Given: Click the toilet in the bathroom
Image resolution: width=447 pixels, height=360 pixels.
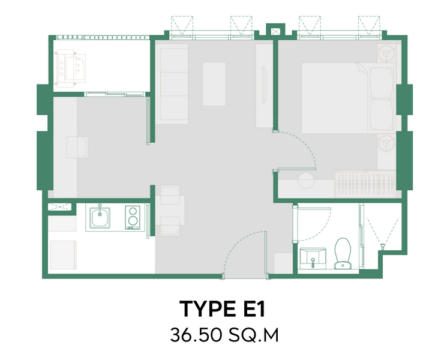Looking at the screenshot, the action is pos(343,253).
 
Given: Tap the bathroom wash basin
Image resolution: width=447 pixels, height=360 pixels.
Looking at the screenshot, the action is pos(313,258).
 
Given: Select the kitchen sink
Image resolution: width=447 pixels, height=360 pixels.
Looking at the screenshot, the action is pos(100,217).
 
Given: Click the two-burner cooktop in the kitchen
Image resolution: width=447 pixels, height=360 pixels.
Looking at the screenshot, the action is pos(133,218).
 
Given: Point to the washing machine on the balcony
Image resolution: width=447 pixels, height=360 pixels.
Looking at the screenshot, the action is pos(71,68).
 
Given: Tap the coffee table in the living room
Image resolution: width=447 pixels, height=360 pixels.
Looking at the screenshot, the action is pos(214,84).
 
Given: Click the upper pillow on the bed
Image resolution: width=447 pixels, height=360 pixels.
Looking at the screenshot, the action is pos(381,83).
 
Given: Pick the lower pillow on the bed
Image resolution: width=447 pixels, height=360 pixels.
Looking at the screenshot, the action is pos(381,115).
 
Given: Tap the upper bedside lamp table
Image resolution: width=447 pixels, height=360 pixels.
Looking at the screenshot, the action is pos(386,53).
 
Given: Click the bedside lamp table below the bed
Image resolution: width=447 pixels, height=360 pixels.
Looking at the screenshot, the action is pos(386,143).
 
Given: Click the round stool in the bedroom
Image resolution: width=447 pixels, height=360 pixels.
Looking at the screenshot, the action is pos(306,181).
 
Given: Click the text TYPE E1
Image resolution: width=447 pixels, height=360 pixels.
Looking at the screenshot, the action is pos(223,308).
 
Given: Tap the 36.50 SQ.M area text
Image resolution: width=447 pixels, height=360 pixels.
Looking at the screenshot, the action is pos(224,335).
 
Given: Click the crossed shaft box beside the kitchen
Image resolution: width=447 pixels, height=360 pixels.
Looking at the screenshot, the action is pos(59,207).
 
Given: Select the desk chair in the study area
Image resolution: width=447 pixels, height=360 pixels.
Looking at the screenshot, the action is pos(77,147).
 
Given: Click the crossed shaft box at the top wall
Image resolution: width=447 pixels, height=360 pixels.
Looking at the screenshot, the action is pos(275,31).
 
